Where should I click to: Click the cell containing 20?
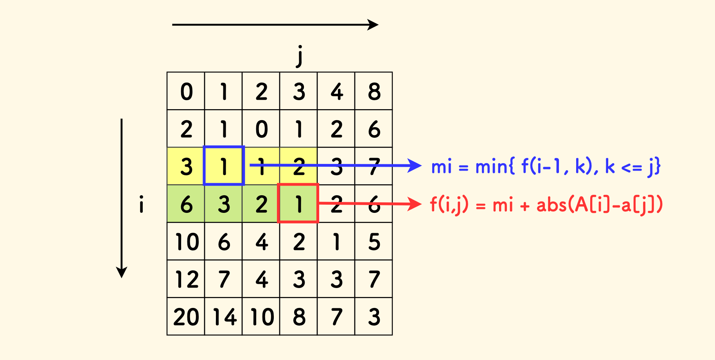coord(186,317)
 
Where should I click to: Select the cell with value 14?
coord(223,317)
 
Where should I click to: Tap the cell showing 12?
coord(186,279)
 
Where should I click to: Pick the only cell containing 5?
coord(374,241)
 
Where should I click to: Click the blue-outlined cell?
coord(224,166)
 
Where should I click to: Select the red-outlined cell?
coord(298,203)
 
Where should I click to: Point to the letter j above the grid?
coord(300,56)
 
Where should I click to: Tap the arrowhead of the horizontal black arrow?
coord(374,25)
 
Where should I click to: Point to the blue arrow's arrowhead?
coord(415,166)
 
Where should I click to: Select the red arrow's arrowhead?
coord(415,204)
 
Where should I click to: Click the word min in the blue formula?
coord(492,166)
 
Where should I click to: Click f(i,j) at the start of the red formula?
coord(449,205)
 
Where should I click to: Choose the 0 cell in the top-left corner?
coord(186,91)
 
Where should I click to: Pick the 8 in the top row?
coord(374,91)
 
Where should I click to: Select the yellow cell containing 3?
coord(186,166)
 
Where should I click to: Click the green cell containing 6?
coord(186,204)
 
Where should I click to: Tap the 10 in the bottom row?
coord(261,317)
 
